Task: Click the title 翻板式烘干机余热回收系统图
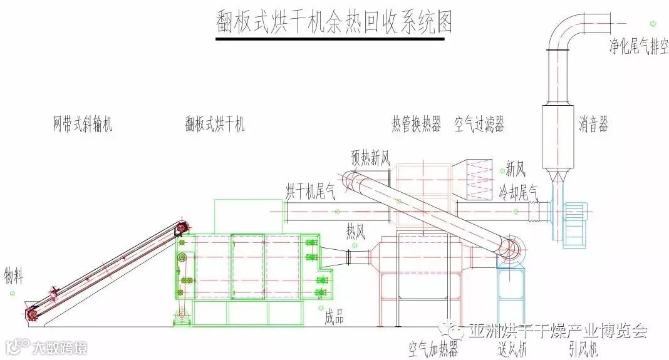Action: point(332,23)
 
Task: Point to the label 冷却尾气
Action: point(519,191)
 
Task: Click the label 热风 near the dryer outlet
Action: point(355,232)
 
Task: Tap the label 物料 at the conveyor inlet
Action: point(13,275)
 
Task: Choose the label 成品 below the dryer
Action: point(334,318)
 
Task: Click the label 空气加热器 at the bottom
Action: point(433,348)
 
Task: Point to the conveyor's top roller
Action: point(182,227)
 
